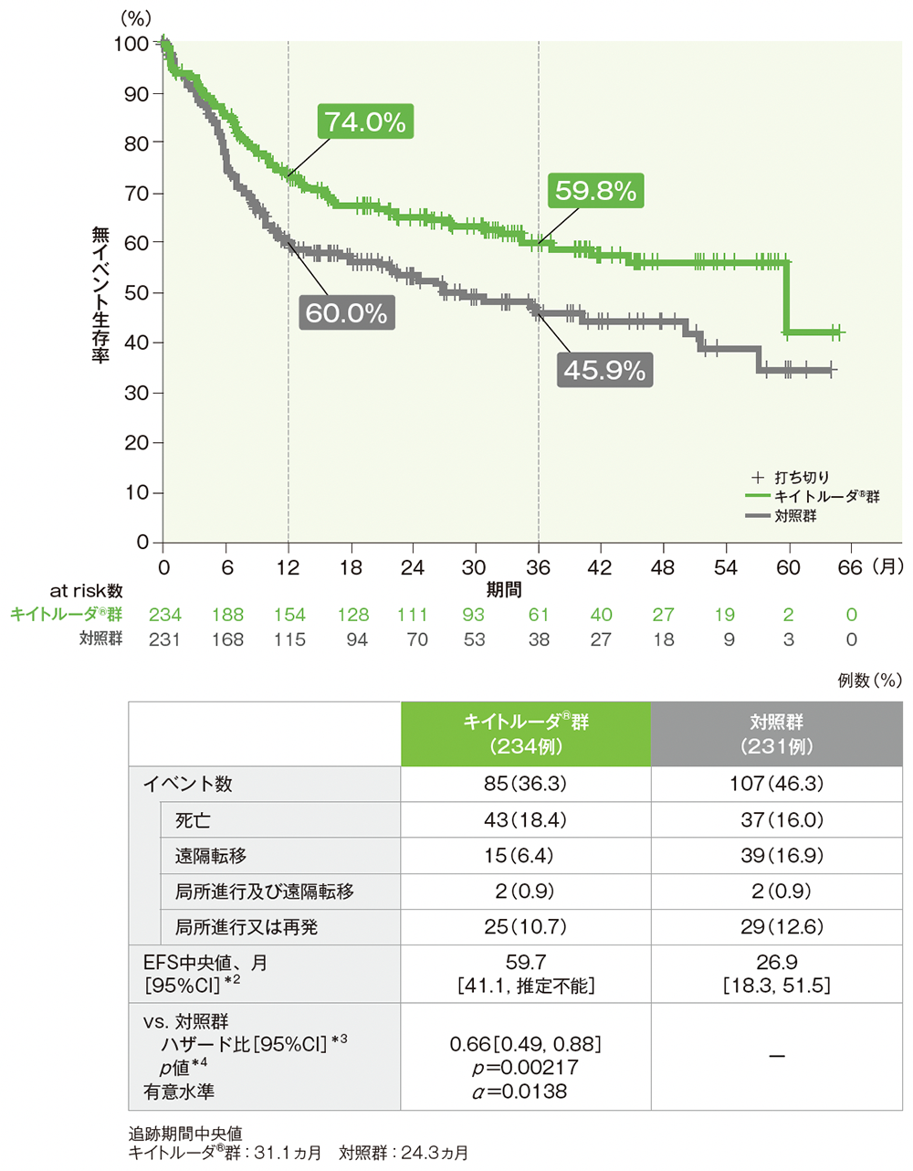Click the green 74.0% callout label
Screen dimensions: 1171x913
coord(366,121)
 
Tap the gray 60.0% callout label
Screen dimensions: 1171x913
coord(346,313)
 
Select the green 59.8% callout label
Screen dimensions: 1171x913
coord(595,191)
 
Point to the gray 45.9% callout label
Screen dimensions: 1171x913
coord(604,370)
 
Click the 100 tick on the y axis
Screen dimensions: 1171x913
coord(131,44)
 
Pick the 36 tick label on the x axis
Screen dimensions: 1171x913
coord(538,567)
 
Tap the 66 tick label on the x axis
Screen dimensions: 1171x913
coord(850,567)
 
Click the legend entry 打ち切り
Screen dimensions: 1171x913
coord(802,477)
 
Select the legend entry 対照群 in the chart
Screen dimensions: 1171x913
coord(795,516)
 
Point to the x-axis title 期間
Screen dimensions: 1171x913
coord(503,590)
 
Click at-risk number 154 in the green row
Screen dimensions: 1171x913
coord(289,615)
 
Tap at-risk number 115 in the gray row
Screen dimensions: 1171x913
coord(289,639)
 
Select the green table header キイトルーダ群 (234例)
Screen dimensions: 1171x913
coord(526,733)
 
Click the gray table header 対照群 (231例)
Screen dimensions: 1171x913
coord(776,733)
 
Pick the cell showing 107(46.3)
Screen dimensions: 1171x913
coord(776,784)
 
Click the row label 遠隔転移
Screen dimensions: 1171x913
coord(211,856)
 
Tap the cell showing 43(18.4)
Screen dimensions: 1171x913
coord(525,820)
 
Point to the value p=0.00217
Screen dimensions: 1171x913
coord(525,1068)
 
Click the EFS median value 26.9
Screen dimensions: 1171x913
coord(776,963)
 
